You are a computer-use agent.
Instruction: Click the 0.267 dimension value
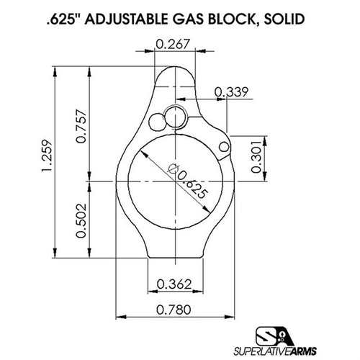click(x=173, y=45)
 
